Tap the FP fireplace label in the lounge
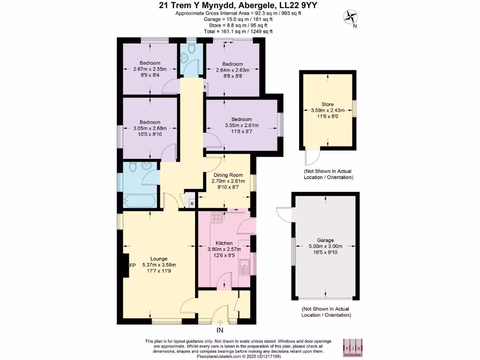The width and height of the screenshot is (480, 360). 132,266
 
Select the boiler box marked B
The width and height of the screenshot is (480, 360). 191,203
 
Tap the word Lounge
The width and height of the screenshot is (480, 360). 158,258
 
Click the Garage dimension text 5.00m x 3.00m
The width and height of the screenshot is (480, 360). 325,247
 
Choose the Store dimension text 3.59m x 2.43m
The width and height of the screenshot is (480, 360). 328,111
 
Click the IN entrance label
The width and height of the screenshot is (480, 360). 221,331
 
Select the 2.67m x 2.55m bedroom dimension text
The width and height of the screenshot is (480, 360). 150,69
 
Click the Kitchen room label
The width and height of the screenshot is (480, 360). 224,243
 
